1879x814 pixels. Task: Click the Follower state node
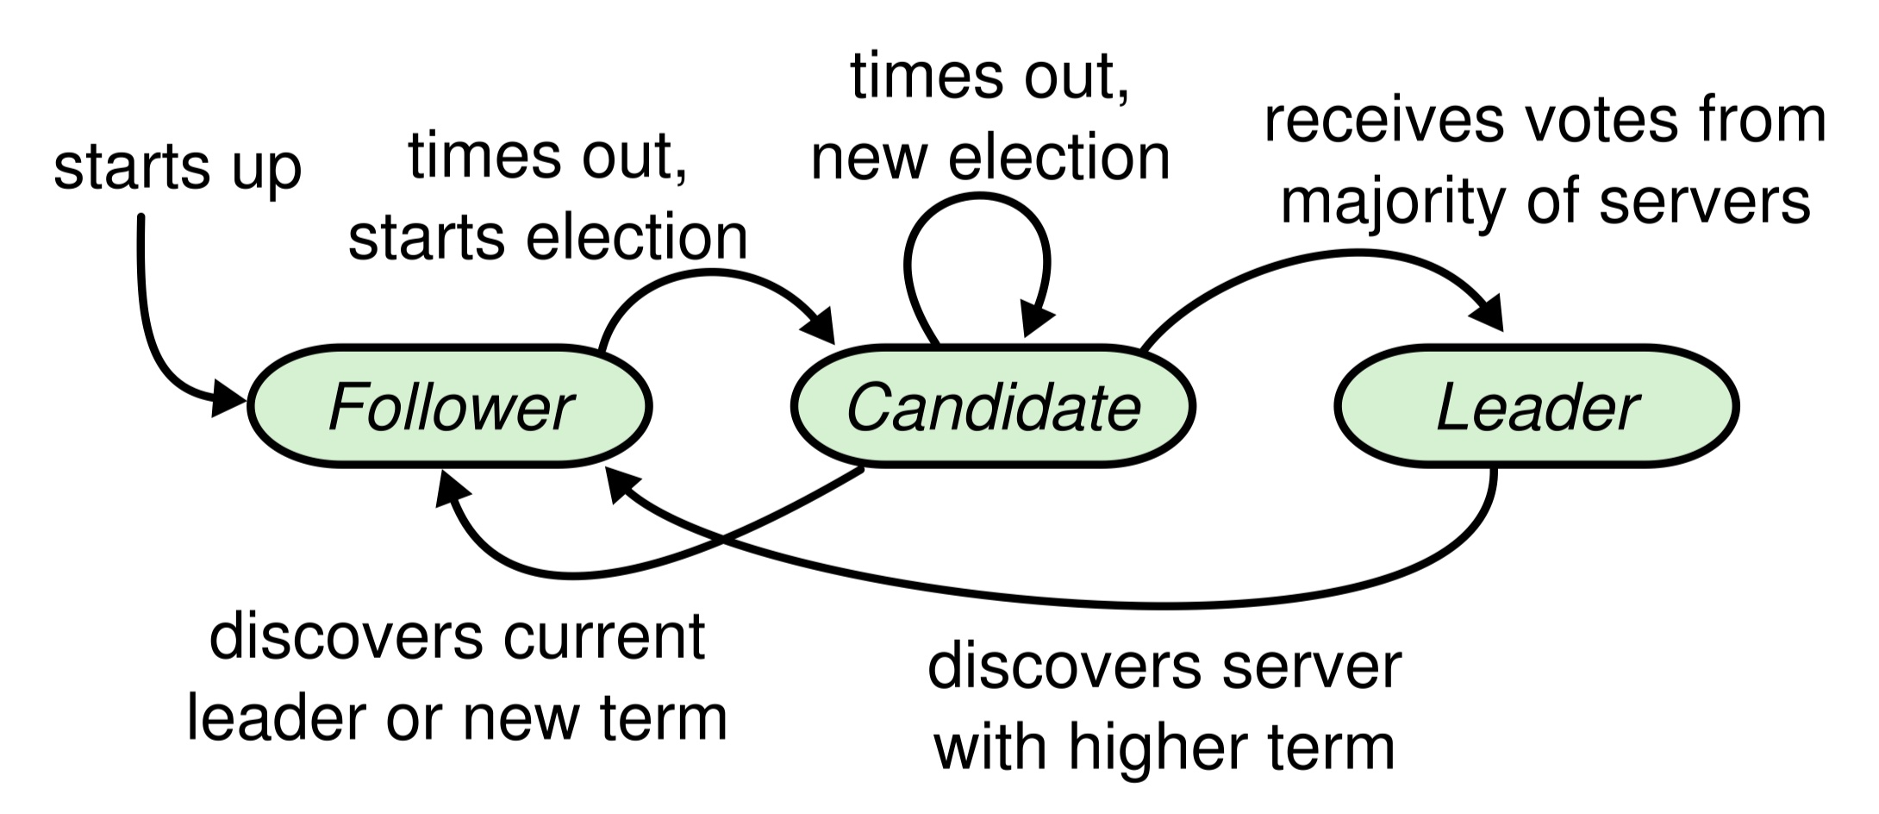coord(449,407)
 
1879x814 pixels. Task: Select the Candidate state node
coord(993,407)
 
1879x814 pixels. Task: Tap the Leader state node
coord(1537,407)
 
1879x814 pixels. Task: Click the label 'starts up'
coord(177,167)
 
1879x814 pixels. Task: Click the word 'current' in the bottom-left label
coord(604,638)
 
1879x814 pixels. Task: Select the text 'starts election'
coord(547,238)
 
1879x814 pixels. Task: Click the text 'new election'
coord(990,159)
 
